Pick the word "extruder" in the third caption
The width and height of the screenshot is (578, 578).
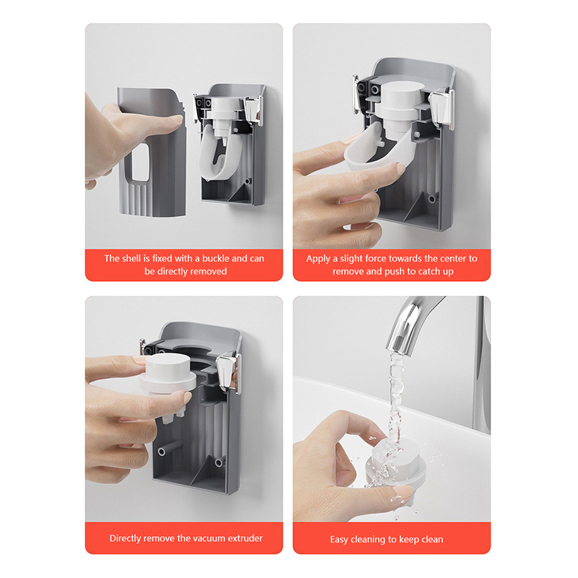(245, 538)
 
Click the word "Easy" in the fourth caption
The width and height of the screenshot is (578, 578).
(339, 540)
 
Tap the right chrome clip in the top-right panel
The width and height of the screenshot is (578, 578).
(442, 108)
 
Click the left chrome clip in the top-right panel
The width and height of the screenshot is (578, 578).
(355, 94)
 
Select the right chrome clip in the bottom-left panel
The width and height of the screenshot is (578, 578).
(228, 372)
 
